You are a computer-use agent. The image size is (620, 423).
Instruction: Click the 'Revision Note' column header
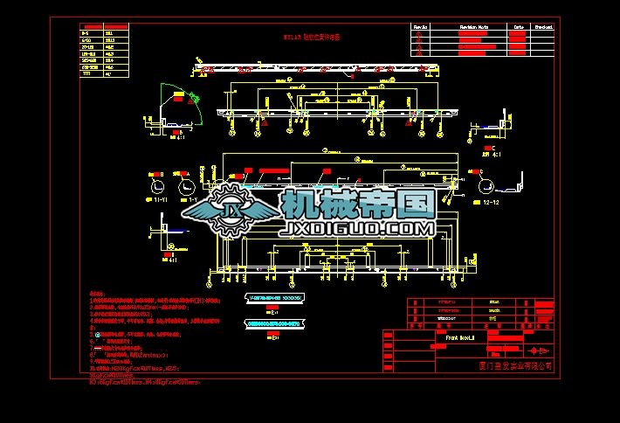tap(474, 27)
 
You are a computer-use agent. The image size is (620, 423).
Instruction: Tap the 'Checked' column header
tap(543, 27)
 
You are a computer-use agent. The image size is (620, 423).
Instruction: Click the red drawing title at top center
tap(313, 38)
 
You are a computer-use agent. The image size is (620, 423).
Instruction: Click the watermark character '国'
tap(411, 206)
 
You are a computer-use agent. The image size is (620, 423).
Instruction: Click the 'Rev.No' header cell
tap(421, 27)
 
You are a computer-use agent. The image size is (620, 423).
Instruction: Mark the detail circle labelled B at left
tap(157, 186)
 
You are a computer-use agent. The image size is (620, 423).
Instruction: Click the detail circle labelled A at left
tap(185, 186)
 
